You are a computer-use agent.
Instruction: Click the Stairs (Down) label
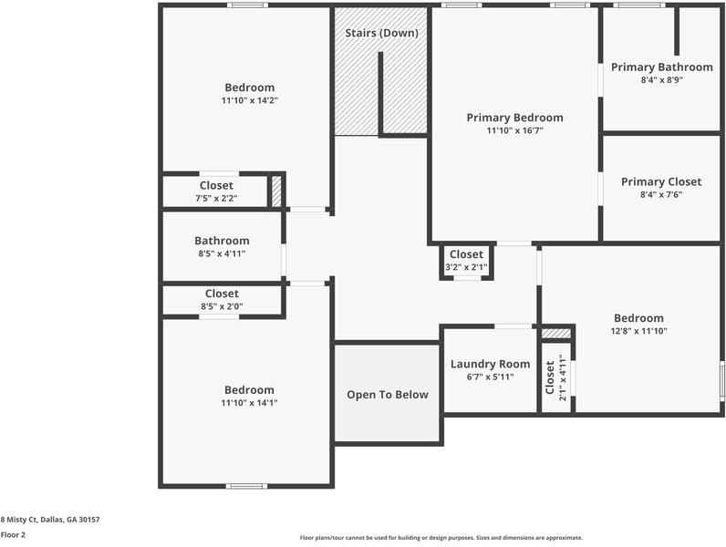[381, 34]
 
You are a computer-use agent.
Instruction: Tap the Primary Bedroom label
[514, 118]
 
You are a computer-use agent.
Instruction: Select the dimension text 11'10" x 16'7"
[514, 131]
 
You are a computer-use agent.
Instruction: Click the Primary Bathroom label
[661, 67]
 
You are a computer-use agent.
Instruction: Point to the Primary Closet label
[661, 182]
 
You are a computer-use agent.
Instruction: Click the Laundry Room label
[490, 365]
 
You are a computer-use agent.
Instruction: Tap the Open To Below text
[387, 395]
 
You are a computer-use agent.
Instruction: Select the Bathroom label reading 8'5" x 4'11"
[222, 242]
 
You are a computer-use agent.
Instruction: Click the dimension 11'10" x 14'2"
[249, 101]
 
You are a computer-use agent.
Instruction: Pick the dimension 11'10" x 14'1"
[249, 403]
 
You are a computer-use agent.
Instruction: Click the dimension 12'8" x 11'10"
[638, 332]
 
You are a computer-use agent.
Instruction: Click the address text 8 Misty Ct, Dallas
[50, 519]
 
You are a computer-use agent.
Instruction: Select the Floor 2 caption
[13, 535]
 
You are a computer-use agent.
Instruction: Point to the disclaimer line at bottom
[441, 538]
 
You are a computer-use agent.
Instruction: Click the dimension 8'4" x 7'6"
[661, 195]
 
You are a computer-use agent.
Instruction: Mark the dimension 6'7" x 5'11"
[490, 377]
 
